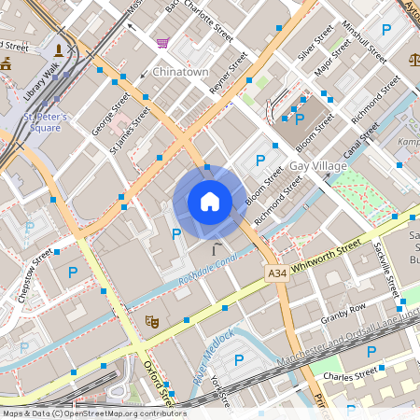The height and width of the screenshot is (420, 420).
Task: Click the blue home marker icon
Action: (x=209, y=201)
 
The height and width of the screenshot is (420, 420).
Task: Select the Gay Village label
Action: (x=317, y=165)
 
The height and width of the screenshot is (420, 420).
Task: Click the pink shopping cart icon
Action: (x=162, y=42)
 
